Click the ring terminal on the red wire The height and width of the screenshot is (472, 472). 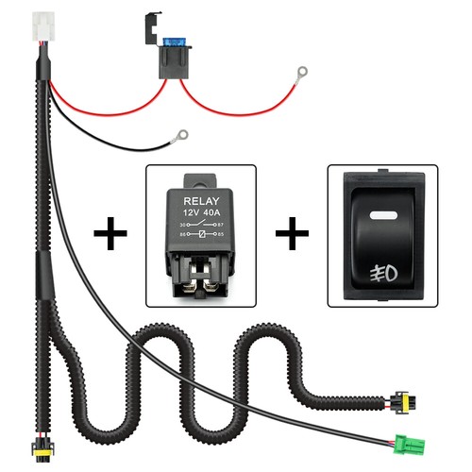(x=301, y=71)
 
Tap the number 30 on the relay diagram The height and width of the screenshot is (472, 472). (x=175, y=225)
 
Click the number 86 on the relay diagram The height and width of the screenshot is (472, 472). (x=175, y=235)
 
